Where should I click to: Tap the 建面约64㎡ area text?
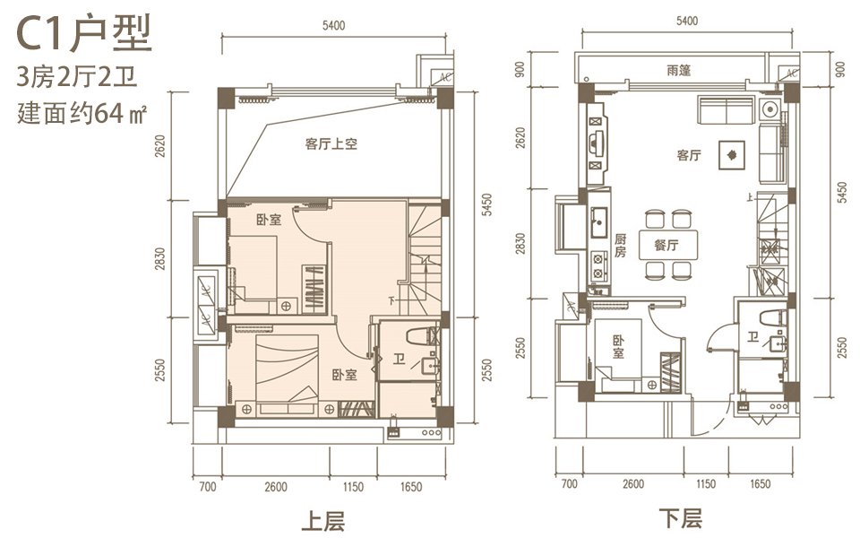(82, 113)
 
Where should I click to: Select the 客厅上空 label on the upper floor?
(331, 143)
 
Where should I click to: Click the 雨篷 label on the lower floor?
(678, 70)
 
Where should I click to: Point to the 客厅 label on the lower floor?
(689, 155)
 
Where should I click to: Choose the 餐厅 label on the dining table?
(666, 245)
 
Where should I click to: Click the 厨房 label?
(620, 246)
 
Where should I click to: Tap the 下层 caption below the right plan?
(680, 518)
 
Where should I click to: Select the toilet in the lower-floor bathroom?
(773, 317)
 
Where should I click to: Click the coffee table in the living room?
(732, 155)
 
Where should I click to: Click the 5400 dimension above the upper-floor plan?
(333, 25)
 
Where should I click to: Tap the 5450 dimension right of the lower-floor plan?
(843, 192)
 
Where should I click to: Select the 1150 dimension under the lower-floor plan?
(706, 483)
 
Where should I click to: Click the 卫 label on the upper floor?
(399, 360)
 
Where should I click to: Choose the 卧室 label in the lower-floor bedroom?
(619, 347)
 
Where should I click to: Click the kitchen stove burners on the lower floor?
(598, 265)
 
